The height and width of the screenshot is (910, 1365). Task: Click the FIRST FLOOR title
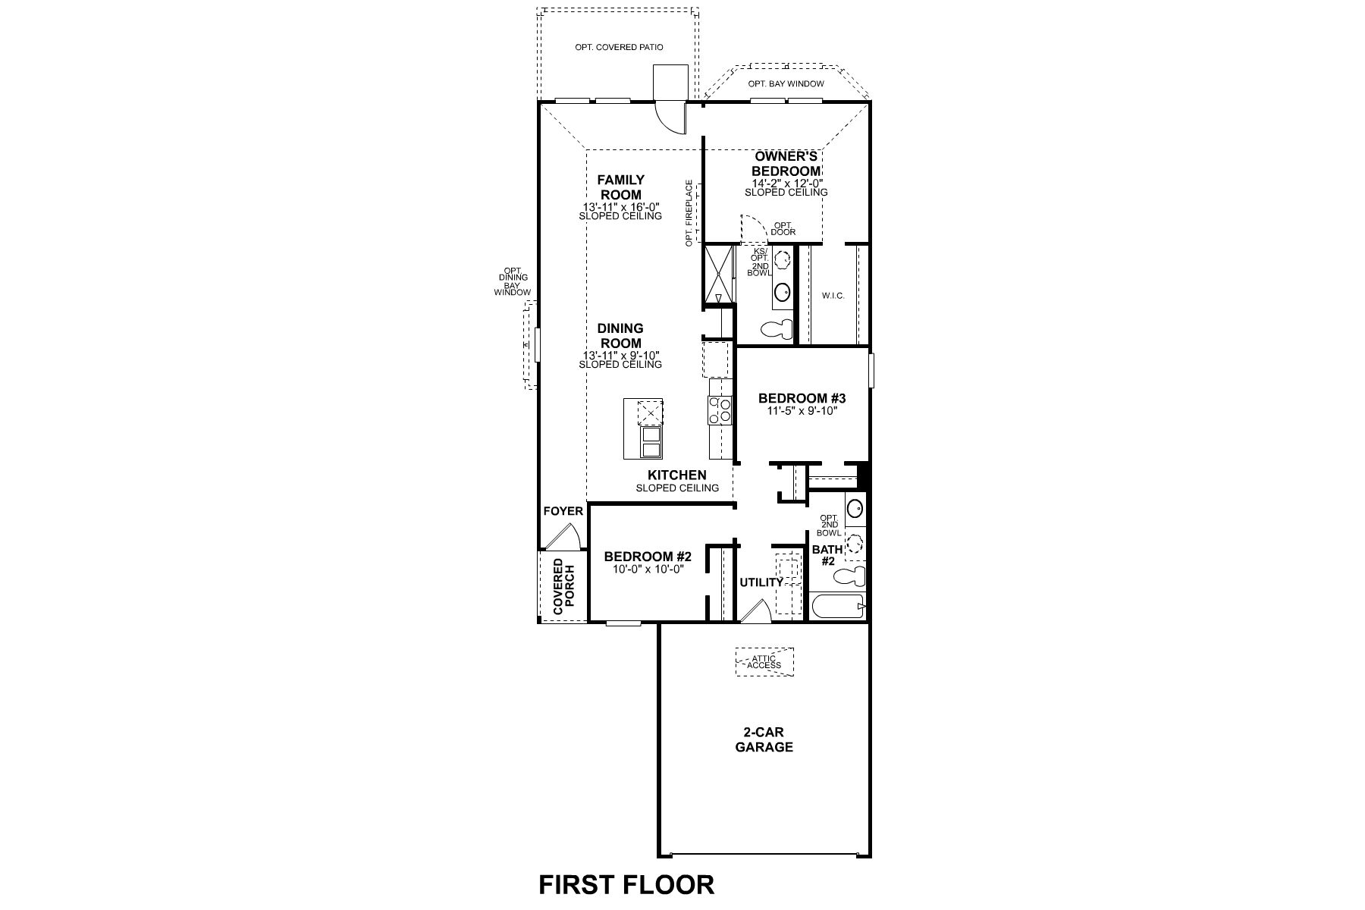[626, 884]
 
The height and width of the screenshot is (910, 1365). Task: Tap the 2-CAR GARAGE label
[764, 739]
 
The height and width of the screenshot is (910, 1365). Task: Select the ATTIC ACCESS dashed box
[764, 661]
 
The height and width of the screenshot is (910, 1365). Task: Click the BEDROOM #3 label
[802, 398]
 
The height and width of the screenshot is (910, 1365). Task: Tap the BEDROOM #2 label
[648, 556]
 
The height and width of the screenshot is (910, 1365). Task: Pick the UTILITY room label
[761, 582]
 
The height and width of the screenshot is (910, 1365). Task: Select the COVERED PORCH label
[563, 586]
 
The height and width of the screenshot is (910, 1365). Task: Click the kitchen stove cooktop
[719, 410]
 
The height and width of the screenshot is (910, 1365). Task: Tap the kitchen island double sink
[651, 442]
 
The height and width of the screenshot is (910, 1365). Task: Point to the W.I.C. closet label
[833, 296]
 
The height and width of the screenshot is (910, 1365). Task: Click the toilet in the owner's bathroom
[775, 330]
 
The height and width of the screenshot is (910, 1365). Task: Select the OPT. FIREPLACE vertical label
[689, 213]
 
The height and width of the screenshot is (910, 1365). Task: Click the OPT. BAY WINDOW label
[786, 83]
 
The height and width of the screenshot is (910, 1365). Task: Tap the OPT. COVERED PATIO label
[619, 47]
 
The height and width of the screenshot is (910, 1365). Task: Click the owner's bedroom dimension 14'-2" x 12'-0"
[786, 183]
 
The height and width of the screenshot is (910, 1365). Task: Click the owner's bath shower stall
[719, 273]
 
